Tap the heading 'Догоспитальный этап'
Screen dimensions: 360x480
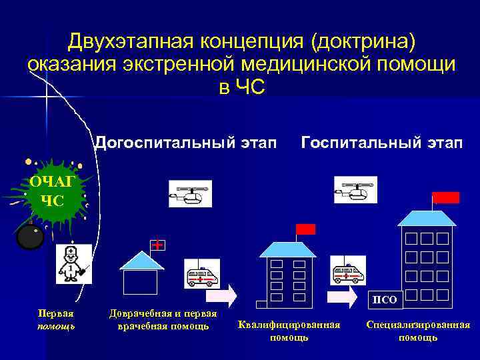pos(185,142)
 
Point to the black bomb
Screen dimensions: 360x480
pos(29,236)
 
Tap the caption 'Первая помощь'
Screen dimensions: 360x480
pos(57,319)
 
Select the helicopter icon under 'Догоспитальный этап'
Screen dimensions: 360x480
pos(189,194)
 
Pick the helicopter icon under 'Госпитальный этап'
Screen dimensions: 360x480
pos(355,189)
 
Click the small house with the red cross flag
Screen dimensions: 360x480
pos(139,273)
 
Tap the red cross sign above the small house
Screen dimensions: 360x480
pos(157,245)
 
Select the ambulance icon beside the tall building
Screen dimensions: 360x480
pos(349,271)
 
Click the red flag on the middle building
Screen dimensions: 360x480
pos(305,229)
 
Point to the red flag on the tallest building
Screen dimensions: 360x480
pos(445,197)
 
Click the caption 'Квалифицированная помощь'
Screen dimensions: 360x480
pos(289,331)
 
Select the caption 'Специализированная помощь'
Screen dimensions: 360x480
pos(418,331)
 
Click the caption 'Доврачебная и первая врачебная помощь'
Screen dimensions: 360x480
pos(163,319)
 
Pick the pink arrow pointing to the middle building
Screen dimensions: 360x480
pos(221,295)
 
